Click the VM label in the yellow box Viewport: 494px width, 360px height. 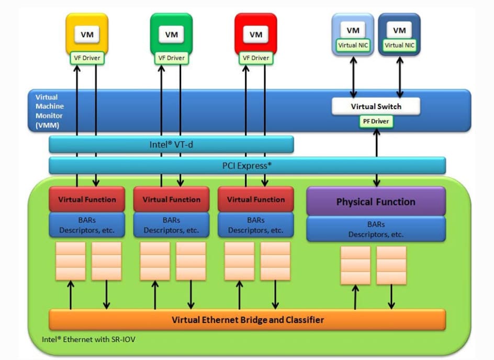point(87,35)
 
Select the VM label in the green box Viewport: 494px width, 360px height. point(171,35)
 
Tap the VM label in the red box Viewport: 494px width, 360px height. point(255,35)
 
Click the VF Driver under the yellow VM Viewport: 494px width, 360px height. point(87,58)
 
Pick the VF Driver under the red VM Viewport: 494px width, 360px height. point(255,58)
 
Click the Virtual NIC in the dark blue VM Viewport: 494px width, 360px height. point(399,46)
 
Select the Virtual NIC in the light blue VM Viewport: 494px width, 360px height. point(353,46)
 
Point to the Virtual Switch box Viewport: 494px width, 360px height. point(376,106)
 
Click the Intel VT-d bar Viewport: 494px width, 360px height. point(171,144)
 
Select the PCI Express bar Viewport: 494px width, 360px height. point(247,165)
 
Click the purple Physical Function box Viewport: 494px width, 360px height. point(376,201)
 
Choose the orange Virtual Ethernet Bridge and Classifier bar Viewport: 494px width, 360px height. point(247,320)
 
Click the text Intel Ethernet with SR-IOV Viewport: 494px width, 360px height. point(89,339)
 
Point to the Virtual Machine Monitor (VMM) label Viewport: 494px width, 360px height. point(47,111)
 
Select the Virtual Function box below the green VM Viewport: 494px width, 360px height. point(171,199)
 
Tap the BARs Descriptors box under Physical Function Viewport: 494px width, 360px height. point(376,229)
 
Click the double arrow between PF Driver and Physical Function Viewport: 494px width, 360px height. point(376,157)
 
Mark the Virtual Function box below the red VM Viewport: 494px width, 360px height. point(255,199)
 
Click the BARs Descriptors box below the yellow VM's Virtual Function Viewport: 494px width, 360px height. point(87,225)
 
